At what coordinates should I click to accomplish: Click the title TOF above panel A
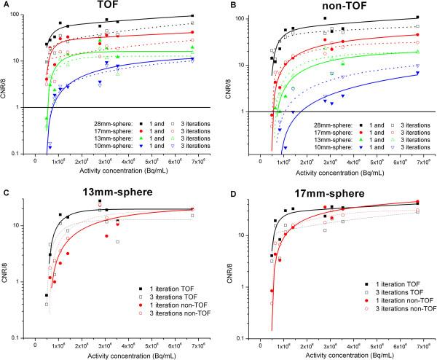point(112,6)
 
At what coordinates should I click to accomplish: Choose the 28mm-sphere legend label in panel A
point(105,117)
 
